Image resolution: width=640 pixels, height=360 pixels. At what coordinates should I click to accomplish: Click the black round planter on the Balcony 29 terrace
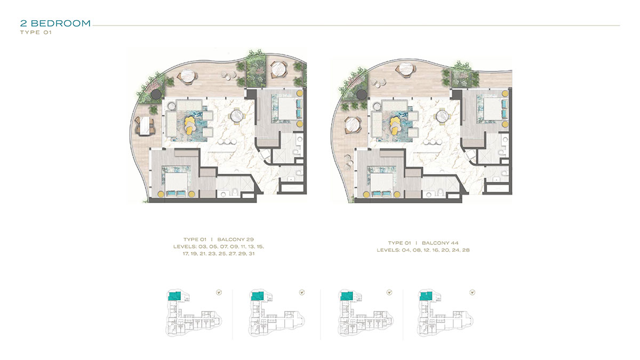point(155,94)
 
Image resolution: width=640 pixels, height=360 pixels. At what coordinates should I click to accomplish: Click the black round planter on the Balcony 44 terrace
point(362,94)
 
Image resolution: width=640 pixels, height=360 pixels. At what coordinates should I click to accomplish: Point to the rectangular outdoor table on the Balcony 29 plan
point(144,126)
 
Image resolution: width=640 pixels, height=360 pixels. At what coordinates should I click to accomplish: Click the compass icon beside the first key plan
point(219,292)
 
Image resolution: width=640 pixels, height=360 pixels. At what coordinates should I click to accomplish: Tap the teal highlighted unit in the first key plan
point(174,297)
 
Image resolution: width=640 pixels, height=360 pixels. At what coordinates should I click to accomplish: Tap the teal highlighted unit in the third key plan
point(345,297)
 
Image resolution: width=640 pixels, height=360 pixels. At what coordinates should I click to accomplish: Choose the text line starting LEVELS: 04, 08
point(423,250)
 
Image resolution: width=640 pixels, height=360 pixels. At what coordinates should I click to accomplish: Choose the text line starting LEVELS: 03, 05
point(218,247)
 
